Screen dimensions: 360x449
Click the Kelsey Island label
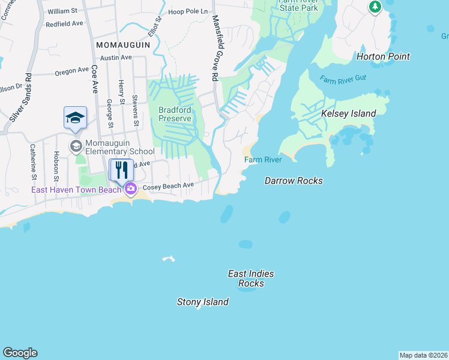[x=348, y=113]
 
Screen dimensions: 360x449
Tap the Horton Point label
[x=383, y=56]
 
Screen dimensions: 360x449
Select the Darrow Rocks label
[x=294, y=181]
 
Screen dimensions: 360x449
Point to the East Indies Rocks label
[x=251, y=278]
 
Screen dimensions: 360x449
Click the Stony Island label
[x=202, y=302]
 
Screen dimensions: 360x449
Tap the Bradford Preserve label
[x=175, y=114]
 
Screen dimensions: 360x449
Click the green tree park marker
[x=375, y=7]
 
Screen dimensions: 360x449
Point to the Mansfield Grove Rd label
[x=214, y=48]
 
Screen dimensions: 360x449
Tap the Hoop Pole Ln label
[x=187, y=11]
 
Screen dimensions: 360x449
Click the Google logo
[x=20, y=353]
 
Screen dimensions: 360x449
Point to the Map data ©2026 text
[x=423, y=355]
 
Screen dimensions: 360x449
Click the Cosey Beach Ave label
[x=168, y=186]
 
